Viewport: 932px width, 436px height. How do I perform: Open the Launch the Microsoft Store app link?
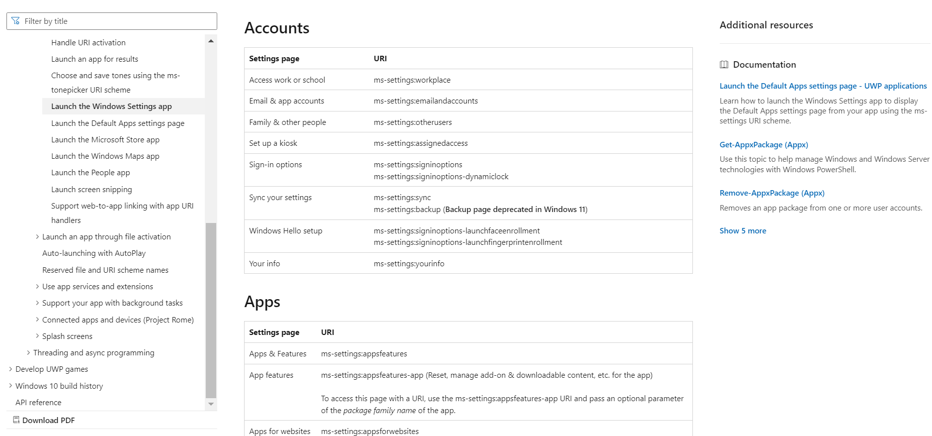coord(105,140)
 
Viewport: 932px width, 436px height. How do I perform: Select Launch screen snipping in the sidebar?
coord(91,190)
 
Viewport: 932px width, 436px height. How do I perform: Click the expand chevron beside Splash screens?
coord(37,336)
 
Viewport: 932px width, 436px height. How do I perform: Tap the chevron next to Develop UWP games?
coord(10,369)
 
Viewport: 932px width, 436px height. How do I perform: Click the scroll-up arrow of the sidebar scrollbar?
coord(211,41)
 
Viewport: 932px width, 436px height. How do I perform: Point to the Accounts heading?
coord(277,28)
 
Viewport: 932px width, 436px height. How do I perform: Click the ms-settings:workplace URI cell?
coord(412,80)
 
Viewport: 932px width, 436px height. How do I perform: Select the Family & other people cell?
coord(287,122)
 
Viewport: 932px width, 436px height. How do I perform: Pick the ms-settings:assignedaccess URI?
coord(421,143)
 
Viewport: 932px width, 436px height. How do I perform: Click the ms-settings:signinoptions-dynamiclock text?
coord(441,177)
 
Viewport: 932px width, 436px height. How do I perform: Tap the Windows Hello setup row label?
coord(285,231)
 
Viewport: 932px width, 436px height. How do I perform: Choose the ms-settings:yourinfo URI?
coord(409,264)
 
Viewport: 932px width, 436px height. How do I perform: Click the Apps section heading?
coord(262,302)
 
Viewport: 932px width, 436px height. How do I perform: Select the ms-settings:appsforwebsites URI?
coord(370,432)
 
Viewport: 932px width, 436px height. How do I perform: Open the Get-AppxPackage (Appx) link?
coord(763,145)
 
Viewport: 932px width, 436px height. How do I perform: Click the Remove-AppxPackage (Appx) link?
coord(771,193)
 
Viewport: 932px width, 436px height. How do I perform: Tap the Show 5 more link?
coord(743,231)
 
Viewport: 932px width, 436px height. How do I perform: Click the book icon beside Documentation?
coord(724,65)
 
